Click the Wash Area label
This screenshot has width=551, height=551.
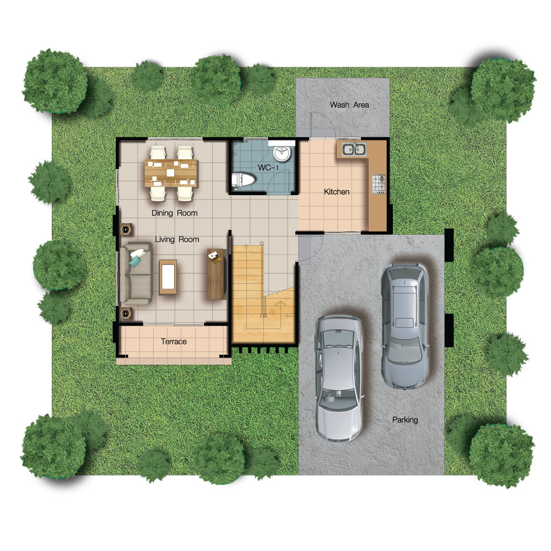(349, 105)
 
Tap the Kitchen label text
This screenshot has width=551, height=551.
(337, 192)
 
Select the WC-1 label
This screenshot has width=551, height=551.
(268, 168)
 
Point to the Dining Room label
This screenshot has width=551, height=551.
(174, 213)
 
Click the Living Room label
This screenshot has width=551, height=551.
(177, 239)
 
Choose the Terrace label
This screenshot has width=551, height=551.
(174, 342)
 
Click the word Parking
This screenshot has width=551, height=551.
(405, 419)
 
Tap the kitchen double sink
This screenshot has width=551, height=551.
(354, 149)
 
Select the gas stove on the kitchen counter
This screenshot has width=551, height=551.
(379, 184)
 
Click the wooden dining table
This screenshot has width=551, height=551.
(171, 173)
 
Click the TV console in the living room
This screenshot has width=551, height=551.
(216, 274)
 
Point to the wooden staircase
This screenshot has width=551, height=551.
(263, 294)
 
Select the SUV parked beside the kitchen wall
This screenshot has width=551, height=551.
(405, 326)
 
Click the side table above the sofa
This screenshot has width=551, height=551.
(126, 229)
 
